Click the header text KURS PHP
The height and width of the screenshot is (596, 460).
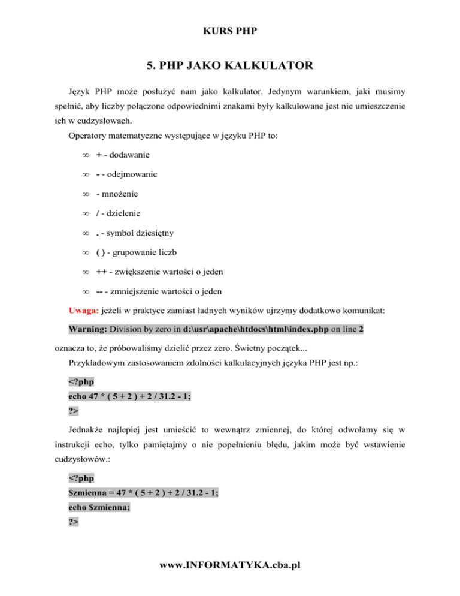click(x=229, y=29)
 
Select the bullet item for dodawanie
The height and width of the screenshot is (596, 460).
click(x=128, y=155)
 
